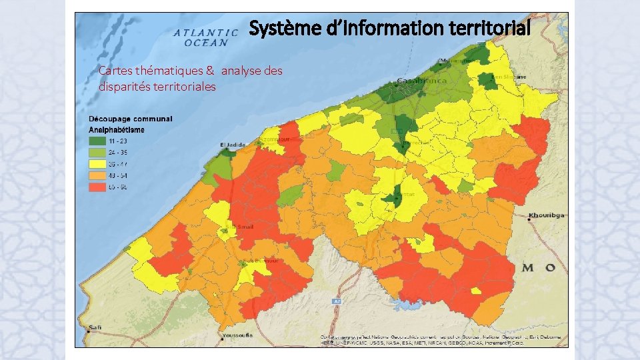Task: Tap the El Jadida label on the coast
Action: (x=230, y=145)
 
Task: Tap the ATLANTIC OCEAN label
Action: (x=206, y=37)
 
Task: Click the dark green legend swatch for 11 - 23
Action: (x=98, y=141)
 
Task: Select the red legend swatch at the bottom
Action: (x=98, y=187)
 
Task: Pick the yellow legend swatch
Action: (x=98, y=164)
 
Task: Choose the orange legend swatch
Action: (x=98, y=175)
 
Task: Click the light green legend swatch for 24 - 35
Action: (x=98, y=153)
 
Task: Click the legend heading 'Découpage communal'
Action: (x=131, y=119)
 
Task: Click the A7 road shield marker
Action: (x=337, y=302)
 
